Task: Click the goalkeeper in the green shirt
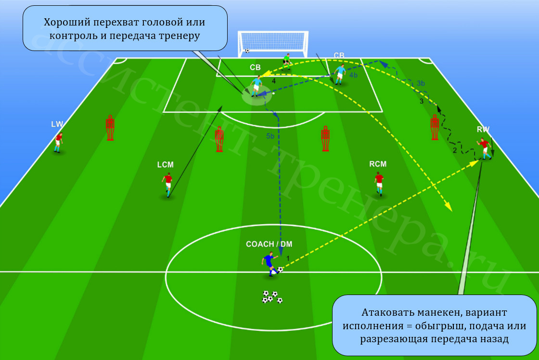click(x=286, y=62)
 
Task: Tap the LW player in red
click(x=58, y=142)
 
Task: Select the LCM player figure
click(x=167, y=185)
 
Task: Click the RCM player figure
click(x=379, y=183)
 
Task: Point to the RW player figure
click(x=485, y=148)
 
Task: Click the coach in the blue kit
click(x=270, y=263)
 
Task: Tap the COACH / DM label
click(x=269, y=244)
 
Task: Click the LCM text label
click(x=166, y=165)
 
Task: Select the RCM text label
click(x=378, y=164)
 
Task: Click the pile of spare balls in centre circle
click(x=272, y=297)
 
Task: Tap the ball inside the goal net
click(x=247, y=51)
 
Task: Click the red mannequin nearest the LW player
click(x=110, y=128)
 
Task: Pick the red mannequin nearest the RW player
click(x=435, y=127)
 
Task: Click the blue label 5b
click(x=270, y=136)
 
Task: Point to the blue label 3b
click(x=421, y=83)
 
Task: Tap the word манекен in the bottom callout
click(x=436, y=312)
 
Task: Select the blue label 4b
click(x=353, y=75)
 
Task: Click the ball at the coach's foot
click(x=280, y=270)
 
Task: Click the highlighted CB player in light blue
click(x=256, y=86)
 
